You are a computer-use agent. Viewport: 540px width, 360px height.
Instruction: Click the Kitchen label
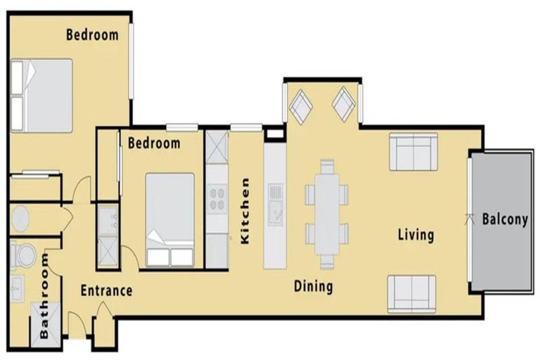click(x=245, y=210)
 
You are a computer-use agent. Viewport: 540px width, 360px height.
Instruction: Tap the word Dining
click(x=313, y=286)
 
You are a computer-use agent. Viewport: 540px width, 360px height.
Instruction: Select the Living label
click(x=415, y=234)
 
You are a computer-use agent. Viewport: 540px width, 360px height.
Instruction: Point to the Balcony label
click(x=505, y=219)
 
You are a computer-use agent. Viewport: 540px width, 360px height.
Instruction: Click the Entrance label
click(x=106, y=290)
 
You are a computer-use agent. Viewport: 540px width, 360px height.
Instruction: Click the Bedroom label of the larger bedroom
click(x=92, y=34)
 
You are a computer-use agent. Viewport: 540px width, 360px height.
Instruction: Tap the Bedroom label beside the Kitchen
click(x=154, y=143)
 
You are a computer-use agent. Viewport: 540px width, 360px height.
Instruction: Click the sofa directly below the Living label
click(x=412, y=293)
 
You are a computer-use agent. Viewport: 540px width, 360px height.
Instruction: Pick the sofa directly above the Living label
click(x=413, y=151)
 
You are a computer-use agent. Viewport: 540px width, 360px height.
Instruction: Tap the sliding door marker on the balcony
click(x=470, y=218)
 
